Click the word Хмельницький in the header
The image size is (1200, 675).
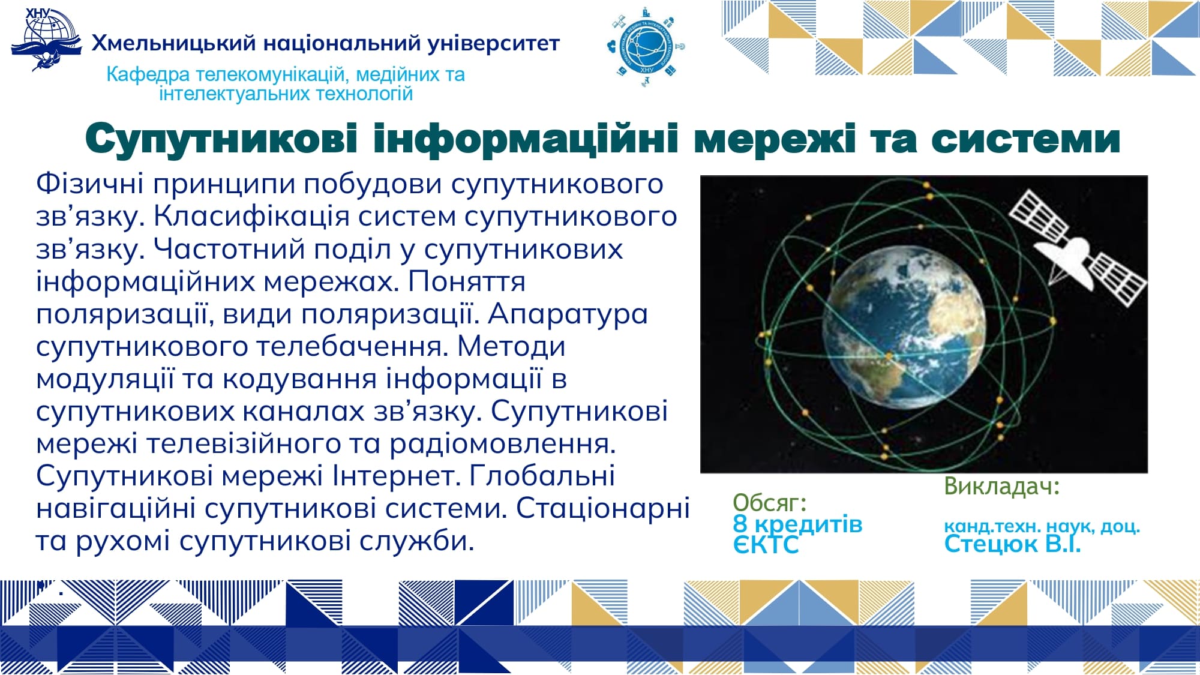(x=174, y=44)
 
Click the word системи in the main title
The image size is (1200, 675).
(x=1026, y=139)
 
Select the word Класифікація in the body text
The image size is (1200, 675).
(x=251, y=217)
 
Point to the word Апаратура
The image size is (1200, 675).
(x=568, y=314)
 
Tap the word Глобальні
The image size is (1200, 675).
(x=542, y=476)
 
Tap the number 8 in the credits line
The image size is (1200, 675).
(x=740, y=524)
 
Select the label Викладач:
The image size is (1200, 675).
(x=1002, y=486)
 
